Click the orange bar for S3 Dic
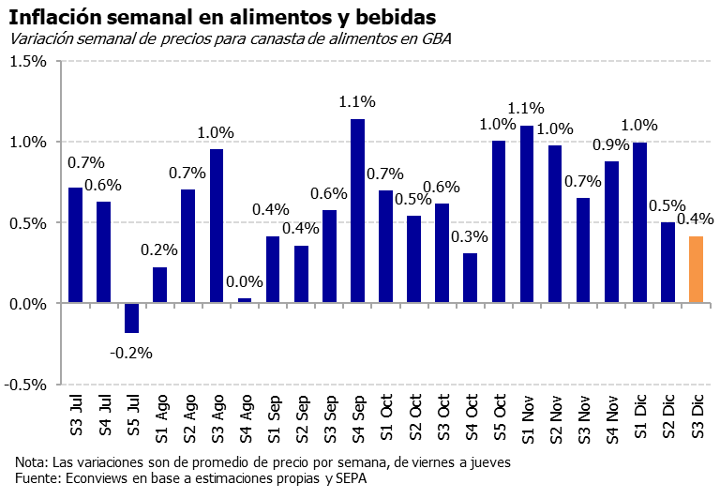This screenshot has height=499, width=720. point(696,270)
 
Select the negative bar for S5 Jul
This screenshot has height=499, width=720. point(131,318)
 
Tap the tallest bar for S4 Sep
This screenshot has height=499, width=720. point(357,211)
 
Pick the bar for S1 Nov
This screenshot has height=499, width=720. point(526,214)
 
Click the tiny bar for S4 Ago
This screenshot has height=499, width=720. point(244,301)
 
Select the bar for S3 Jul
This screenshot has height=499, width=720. point(75,245)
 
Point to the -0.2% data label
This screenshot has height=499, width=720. point(130,354)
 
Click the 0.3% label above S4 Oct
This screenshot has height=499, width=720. point(469,235)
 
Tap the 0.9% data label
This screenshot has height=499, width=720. point(610,145)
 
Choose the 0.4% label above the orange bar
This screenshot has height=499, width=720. point(695,219)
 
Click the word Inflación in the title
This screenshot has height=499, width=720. point(55,16)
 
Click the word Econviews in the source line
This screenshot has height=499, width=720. point(95,479)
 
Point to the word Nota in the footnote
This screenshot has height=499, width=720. point(30,462)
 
